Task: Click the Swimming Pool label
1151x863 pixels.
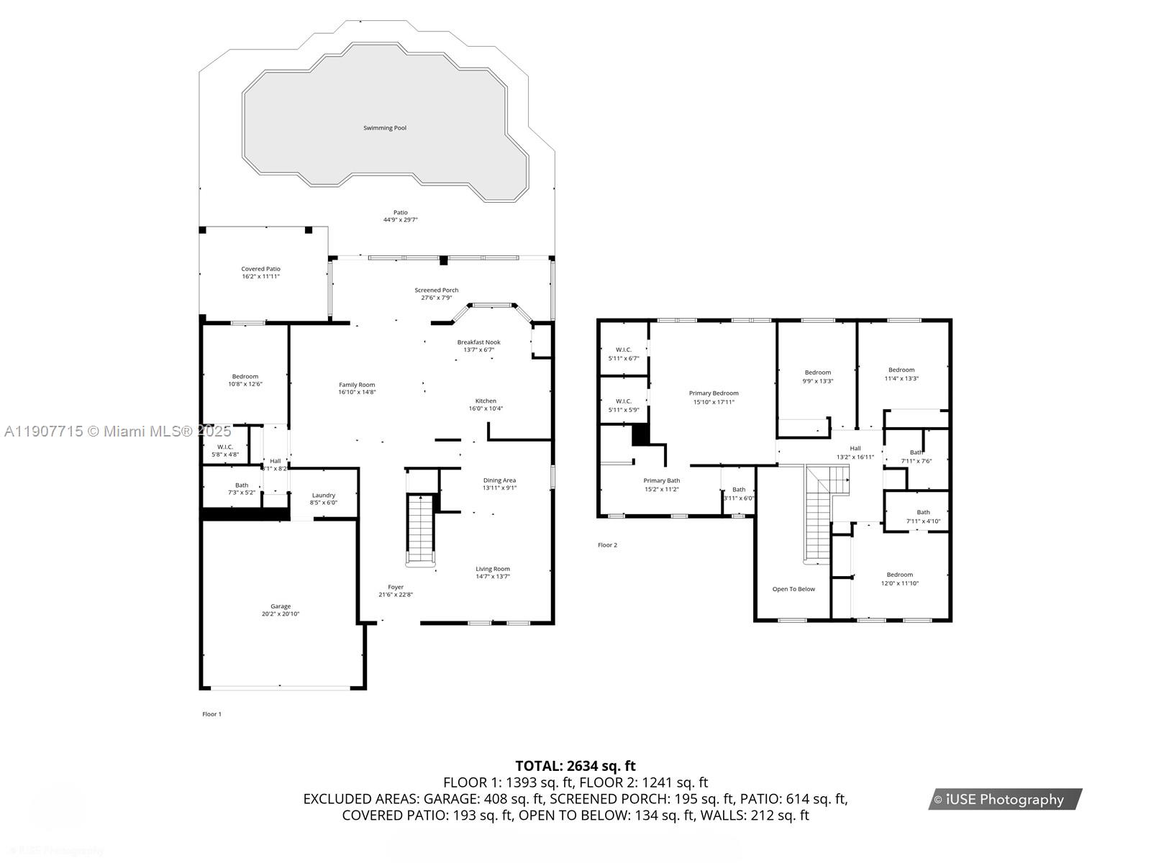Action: [x=384, y=128]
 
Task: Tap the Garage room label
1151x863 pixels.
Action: [x=281, y=606]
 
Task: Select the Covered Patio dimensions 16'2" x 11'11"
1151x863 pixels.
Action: [x=260, y=276]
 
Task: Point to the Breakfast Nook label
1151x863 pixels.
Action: [x=478, y=342]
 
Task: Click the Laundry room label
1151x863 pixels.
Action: [x=324, y=495]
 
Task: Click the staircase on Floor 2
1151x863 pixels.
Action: [x=819, y=514]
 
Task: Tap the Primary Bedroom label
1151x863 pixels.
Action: [x=714, y=393]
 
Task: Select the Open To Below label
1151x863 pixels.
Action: [x=793, y=589]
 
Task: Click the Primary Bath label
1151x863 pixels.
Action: [x=661, y=480]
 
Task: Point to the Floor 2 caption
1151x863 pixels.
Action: [x=607, y=545]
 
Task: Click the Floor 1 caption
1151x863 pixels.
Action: [x=211, y=714]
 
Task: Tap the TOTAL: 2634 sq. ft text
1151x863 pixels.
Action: [x=575, y=766]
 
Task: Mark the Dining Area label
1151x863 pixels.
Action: [x=499, y=480]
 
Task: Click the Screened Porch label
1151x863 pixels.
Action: [x=436, y=290]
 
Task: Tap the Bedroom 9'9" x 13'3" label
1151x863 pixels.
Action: [x=817, y=373]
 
